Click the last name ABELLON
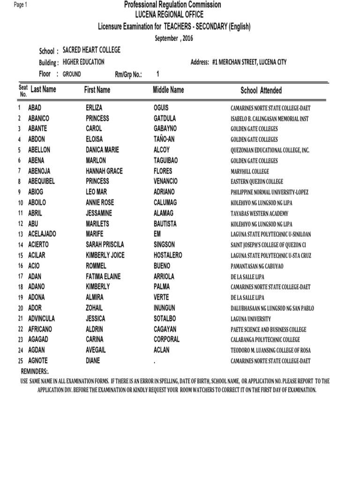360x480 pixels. tap(39, 150)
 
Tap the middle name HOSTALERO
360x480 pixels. tap(168, 255)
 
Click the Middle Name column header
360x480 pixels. tap(168, 90)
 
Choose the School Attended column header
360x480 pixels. tap(261, 90)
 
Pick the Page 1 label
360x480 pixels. tap(21, 5)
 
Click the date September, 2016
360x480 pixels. tap(174, 38)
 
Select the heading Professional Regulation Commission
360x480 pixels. tap(172, 5)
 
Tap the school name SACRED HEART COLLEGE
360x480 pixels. tap(91, 50)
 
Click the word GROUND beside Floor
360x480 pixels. tap(72, 74)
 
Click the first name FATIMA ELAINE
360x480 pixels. tap(103, 277)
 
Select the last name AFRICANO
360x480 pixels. tap(40, 329)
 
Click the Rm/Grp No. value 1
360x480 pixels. tap(157, 74)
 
